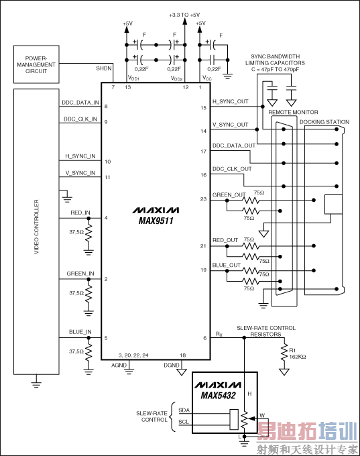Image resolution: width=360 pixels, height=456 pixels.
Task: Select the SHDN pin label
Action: tap(104, 68)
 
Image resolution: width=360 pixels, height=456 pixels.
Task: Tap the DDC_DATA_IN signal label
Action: tap(80, 103)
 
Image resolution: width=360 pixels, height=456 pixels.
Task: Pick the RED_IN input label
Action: tap(80, 213)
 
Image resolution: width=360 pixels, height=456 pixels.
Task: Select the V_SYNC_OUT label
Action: tap(230, 125)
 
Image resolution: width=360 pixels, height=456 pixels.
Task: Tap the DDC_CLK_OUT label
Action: tap(231, 169)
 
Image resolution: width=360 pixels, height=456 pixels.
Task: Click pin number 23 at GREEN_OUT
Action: tap(202, 198)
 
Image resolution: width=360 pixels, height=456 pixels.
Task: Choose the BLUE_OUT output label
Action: tap(225, 265)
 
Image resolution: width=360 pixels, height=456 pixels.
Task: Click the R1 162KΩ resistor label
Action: tap(296, 353)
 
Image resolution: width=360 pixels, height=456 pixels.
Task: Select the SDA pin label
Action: tap(184, 410)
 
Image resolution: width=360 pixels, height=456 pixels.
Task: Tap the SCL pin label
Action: tap(184, 422)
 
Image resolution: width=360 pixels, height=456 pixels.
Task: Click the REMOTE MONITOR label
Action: tap(293, 111)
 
